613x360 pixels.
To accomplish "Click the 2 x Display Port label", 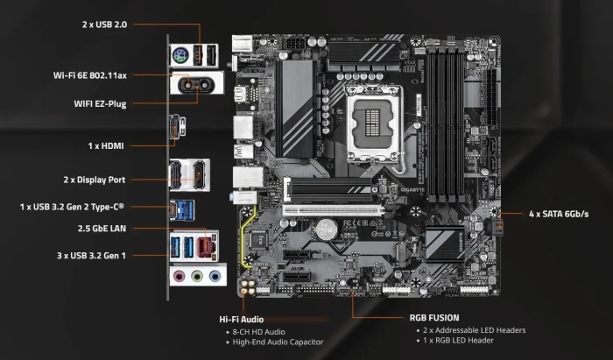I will [95, 180].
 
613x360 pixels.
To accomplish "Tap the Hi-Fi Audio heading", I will [241, 319].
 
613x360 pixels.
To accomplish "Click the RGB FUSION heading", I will [434, 318].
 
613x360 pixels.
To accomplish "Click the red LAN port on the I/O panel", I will [208, 244].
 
